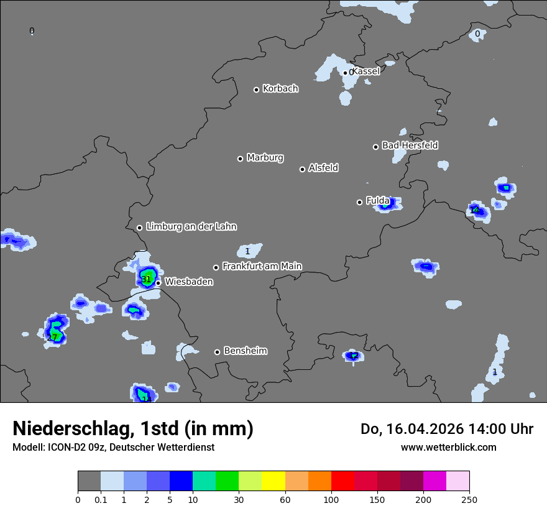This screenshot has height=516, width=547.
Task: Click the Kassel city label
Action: point(366,71)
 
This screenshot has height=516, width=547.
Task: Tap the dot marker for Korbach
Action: point(256,90)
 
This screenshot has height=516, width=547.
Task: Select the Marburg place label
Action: point(265,158)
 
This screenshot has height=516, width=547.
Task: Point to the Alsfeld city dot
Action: point(302,169)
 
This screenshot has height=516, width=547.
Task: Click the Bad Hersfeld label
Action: point(410,145)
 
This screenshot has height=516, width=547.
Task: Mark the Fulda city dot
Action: point(359,202)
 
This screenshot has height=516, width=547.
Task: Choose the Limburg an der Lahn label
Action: point(191,227)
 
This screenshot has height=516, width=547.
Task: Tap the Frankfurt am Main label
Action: point(262,266)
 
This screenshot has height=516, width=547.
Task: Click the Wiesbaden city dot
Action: point(158,283)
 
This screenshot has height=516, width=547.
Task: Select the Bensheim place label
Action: point(245,351)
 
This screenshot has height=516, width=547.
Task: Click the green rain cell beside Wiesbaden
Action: point(148,276)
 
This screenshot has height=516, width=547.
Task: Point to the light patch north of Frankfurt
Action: point(248,251)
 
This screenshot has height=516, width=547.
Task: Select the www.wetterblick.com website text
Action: point(448,447)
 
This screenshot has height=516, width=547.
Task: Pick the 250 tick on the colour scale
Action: point(469,499)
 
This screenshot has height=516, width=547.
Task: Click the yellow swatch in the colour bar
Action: point(273,481)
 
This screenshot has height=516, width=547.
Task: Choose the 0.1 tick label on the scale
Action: point(101,499)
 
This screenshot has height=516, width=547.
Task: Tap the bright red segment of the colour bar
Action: point(342,481)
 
